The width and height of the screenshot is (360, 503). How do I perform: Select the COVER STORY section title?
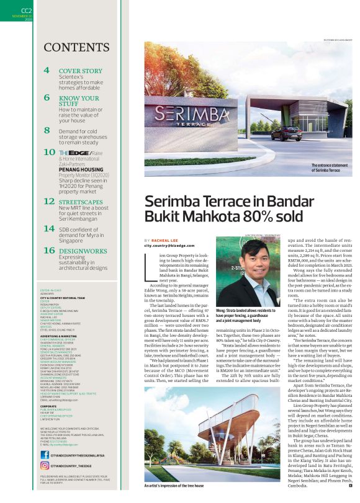tap(80, 71)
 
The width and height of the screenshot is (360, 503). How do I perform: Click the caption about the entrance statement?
tap(326, 167)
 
